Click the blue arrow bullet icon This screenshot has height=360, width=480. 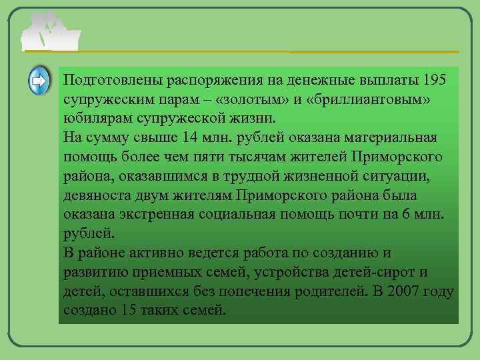[x=39, y=81]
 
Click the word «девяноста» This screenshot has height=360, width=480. [x=97, y=195]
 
